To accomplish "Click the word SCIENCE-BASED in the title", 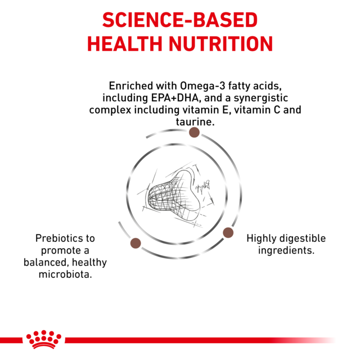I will [x=179, y=21].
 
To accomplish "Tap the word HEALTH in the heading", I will [x=129, y=44].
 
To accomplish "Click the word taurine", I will [x=194, y=121].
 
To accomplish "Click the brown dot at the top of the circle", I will [x=194, y=132].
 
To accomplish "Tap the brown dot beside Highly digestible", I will [x=228, y=232].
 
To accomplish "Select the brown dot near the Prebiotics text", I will [x=136, y=243].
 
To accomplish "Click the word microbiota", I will [x=65, y=274].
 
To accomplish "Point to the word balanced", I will [x=46, y=262].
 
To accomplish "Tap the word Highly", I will [x=263, y=238].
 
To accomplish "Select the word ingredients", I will [x=286, y=250].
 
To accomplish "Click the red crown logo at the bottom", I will [x=43, y=339].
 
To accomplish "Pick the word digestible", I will [x=303, y=238].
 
